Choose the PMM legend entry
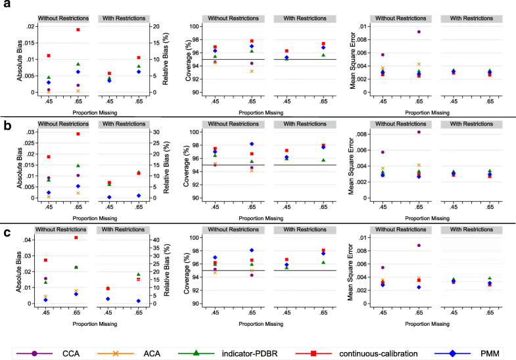click(476, 353)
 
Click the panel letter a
click(5, 5)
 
